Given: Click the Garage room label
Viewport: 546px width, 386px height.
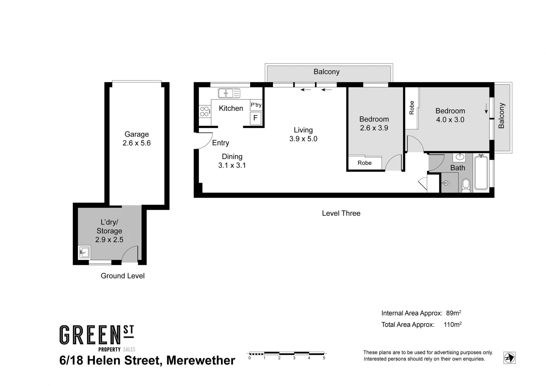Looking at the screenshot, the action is [136, 134].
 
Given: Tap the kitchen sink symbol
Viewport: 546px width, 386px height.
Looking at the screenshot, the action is [229, 93].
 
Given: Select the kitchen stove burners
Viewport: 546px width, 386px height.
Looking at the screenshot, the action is [204, 111].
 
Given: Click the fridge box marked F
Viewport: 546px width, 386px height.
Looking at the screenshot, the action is [255, 118].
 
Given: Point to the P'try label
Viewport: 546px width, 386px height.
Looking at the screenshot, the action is [256, 105].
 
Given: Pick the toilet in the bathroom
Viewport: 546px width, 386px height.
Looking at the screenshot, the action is [466, 185].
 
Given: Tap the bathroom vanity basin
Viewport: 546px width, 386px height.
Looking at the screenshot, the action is [460, 157].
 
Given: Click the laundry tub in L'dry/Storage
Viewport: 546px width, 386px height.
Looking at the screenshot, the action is [84, 252].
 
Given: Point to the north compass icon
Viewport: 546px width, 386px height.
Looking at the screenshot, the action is [509, 358].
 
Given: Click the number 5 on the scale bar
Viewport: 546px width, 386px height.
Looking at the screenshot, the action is [324, 358].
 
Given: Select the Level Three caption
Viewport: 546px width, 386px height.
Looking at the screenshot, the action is [341, 213].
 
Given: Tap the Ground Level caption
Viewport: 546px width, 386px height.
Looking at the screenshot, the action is [123, 276].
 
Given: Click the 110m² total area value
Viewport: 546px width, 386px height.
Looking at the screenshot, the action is [452, 324].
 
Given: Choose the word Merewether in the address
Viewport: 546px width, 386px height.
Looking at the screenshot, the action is [200, 360].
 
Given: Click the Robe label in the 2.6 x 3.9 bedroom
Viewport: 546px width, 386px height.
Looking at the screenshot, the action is [365, 163].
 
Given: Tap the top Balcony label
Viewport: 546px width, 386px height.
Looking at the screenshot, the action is [326, 72].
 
